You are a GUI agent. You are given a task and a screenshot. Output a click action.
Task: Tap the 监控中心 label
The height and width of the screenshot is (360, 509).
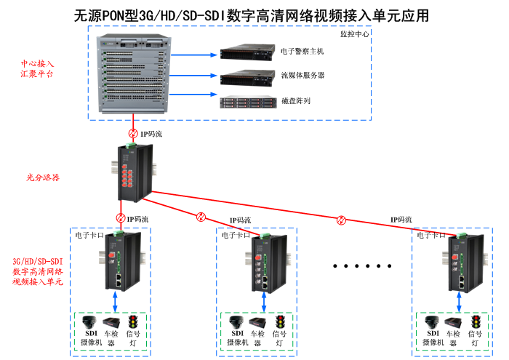coord(354,33)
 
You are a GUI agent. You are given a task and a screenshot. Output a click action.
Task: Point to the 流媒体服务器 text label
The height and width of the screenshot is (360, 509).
coord(302,76)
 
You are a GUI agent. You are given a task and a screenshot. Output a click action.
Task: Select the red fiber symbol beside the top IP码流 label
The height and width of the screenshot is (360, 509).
coord(133,135)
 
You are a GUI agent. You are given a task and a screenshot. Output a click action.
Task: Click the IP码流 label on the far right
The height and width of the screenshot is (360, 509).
coord(401,220)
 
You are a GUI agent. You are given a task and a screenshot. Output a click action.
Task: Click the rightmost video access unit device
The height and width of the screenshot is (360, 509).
coord(459,260)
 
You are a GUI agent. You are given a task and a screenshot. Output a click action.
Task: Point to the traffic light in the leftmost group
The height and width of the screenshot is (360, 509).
coord(133,322)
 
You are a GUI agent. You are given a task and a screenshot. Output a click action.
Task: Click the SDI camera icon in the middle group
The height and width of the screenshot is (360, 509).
coord(236,322)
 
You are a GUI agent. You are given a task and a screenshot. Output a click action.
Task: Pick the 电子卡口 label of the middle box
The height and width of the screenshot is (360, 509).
coord(235,235)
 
